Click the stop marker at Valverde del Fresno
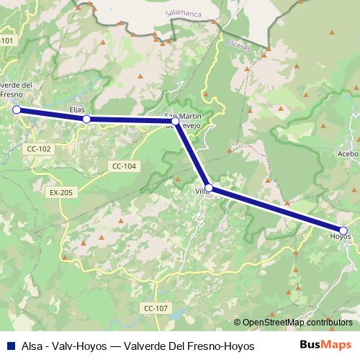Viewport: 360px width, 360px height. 16,109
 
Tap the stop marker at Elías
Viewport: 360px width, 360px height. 86,119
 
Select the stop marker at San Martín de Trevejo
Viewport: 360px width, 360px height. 175,121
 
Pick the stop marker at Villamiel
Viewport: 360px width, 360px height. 209,188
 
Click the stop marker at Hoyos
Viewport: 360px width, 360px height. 343,230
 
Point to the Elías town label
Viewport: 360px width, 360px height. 77,109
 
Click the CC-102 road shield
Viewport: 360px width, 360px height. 37,148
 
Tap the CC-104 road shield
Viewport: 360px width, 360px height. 124,166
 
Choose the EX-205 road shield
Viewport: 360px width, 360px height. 62,192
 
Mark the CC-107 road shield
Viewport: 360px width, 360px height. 155,307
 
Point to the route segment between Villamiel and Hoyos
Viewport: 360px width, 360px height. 276,209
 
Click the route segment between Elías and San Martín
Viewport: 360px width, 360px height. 130,120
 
